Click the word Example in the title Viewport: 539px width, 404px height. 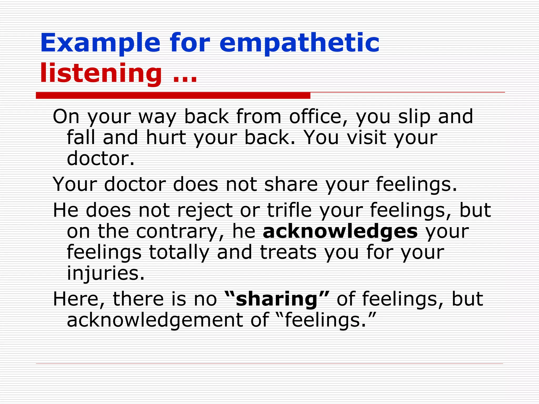point(100,43)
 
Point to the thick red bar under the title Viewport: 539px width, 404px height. point(173,96)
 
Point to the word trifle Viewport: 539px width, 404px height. point(289,210)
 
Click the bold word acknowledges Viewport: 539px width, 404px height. point(340,231)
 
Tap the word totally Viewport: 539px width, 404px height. point(179,252)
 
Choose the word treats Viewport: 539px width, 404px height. point(288,252)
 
